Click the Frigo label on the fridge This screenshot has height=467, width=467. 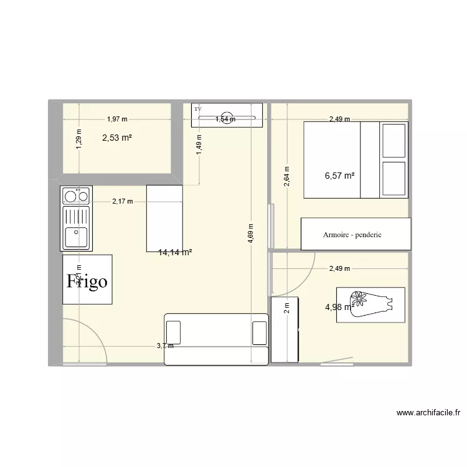coord(87,281)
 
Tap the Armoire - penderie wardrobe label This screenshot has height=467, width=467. coord(352,235)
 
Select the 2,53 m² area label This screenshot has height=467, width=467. coord(117,138)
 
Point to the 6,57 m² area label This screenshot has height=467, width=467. coord(339,176)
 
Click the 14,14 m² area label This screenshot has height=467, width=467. coord(175,252)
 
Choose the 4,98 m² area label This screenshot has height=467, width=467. coord(339,306)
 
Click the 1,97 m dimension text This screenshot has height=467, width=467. coord(117,119)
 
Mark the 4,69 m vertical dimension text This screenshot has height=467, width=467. coord(250,235)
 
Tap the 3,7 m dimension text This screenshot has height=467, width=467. coord(164,346)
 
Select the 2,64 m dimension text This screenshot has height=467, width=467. coord(286,176)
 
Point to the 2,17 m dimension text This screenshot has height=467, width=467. coord(122,201)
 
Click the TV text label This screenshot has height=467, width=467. coord(199,109)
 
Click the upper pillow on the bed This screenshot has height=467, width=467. coord(394,141)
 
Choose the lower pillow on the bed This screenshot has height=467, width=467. coord(394,179)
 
